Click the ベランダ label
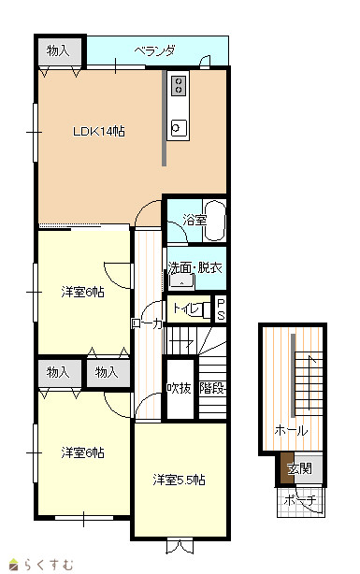tap(154, 50)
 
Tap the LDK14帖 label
tap(99, 131)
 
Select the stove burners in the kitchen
tap(179, 85)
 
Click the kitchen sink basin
tap(179, 128)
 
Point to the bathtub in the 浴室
tap(215, 221)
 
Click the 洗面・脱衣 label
tap(195, 267)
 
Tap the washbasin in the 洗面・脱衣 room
tap(181, 282)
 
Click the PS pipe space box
tap(221, 309)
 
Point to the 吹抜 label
tap(180, 388)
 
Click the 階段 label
tap(212, 388)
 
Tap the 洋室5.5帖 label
tap(179, 480)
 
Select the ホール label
tap(291, 430)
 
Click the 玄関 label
tap(299, 468)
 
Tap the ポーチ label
tap(300, 500)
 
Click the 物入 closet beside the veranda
tap(60, 50)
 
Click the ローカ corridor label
tap(147, 323)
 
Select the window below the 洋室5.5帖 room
tap(180, 545)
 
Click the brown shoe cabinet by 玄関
tap(287, 467)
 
